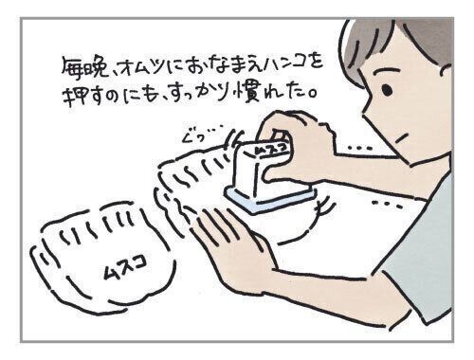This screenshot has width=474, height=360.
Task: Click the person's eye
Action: [387, 90]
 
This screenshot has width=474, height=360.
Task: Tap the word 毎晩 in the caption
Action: [84, 68]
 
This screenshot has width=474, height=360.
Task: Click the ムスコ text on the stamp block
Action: [271, 149]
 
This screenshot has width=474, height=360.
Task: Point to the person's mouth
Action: [401, 137]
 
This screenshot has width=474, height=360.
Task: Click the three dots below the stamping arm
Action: [388, 204]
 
